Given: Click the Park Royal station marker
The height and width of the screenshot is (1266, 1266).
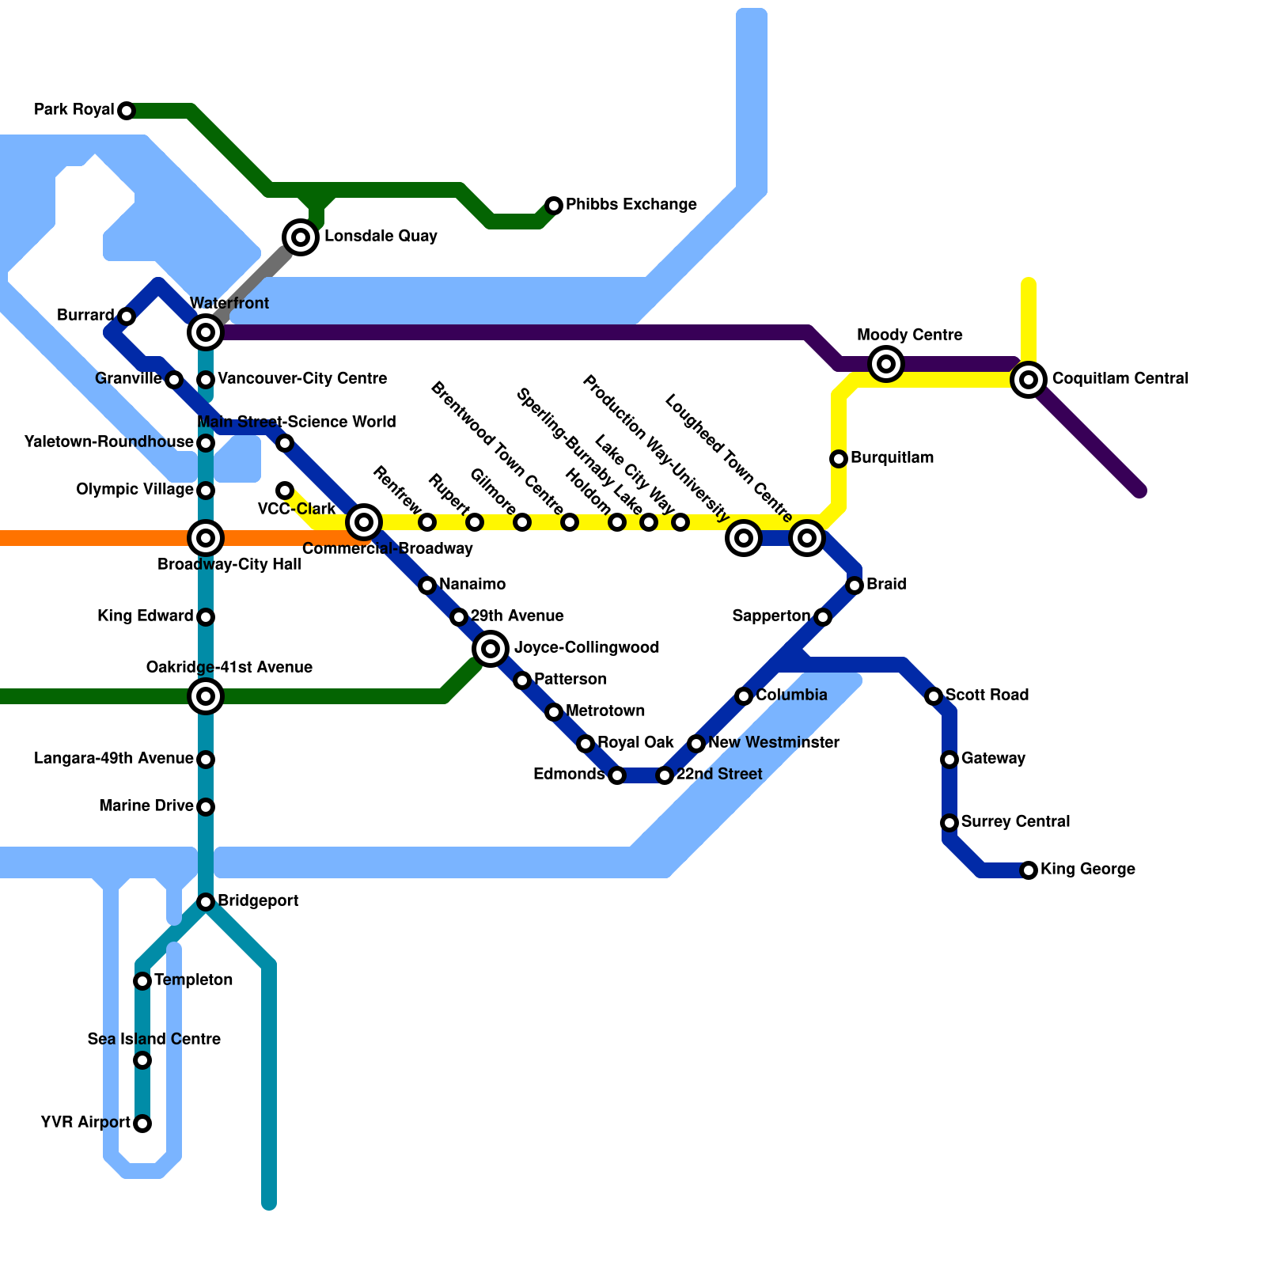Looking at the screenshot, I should [x=127, y=111].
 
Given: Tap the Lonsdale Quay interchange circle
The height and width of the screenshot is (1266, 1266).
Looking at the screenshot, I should [x=301, y=237].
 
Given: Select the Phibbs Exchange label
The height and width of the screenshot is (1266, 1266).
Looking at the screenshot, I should [x=631, y=205].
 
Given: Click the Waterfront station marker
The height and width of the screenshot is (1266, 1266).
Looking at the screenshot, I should [x=206, y=332].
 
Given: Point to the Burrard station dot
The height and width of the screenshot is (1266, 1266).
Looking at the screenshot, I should [x=127, y=316].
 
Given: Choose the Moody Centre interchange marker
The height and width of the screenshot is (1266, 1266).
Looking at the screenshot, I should [x=886, y=364].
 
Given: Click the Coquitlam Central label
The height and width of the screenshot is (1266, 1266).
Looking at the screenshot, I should [x=1120, y=379].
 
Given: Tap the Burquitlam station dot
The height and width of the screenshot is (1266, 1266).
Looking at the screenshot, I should [x=839, y=459].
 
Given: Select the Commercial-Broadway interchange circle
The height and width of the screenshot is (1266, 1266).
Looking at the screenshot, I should [x=364, y=521].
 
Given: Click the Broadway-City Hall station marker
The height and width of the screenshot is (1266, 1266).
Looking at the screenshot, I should [x=206, y=538].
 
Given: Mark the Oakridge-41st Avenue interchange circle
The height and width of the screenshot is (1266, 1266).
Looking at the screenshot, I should [x=206, y=696].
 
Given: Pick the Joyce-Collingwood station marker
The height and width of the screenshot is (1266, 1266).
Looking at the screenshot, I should [x=491, y=649].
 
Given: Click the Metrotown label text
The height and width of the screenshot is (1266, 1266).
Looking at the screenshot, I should [x=605, y=711].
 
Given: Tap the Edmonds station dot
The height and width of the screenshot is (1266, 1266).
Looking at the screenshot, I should [x=617, y=775].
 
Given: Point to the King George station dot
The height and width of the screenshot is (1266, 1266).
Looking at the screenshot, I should [x=1029, y=870].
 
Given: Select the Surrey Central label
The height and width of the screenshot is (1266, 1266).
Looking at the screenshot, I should [x=1015, y=822].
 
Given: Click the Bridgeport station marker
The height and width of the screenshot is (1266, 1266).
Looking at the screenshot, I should [x=206, y=902].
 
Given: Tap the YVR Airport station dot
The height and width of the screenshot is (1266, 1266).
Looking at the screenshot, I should [x=142, y=1124].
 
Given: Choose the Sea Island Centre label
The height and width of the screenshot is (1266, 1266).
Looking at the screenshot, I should [x=154, y=1040].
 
